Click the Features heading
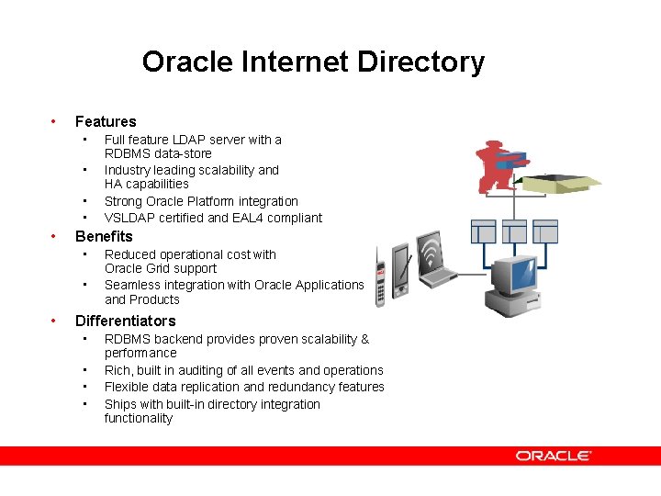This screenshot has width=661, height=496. click(106, 121)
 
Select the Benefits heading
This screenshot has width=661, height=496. click(104, 236)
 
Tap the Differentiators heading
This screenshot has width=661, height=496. click(125, 321)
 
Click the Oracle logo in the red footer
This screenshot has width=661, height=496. click(554, 456)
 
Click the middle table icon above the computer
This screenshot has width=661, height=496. click(514, 231)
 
